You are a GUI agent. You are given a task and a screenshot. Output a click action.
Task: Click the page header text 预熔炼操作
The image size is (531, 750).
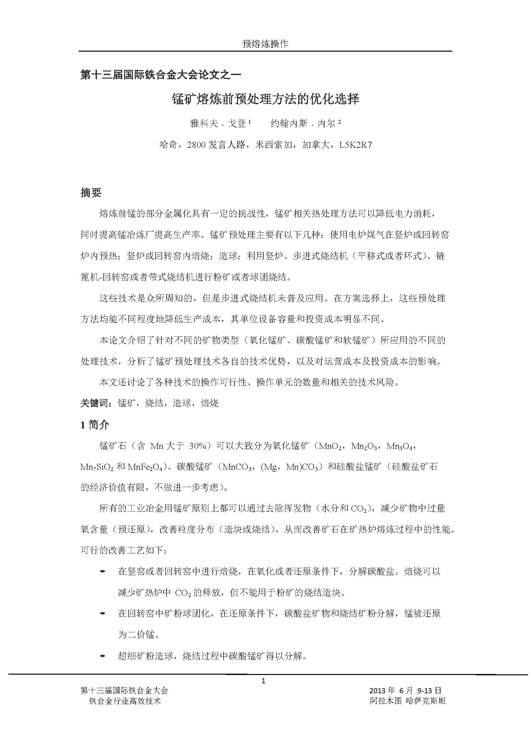point(265,44)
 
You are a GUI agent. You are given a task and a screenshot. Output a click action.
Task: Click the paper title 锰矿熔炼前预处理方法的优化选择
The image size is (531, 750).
point(266,99)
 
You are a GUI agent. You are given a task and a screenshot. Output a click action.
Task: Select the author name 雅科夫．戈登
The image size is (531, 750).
point(218,123)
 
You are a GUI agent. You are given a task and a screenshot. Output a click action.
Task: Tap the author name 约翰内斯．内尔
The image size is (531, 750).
point(303,123)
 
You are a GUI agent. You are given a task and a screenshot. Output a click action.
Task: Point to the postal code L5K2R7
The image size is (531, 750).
point(355,145)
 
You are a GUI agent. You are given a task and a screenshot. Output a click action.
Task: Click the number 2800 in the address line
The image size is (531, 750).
point(196,145)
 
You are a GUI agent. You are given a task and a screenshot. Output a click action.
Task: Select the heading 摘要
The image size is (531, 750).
point(91,193)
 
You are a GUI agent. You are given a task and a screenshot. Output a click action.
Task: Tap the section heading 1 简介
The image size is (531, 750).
point(95,425)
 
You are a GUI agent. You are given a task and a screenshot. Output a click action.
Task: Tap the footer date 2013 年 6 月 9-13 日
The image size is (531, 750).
point(406,691)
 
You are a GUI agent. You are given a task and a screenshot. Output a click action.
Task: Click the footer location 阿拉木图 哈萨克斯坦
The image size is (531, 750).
point(408,701)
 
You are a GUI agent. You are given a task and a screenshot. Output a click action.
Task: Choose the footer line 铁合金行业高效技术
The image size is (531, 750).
point(125,701)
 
